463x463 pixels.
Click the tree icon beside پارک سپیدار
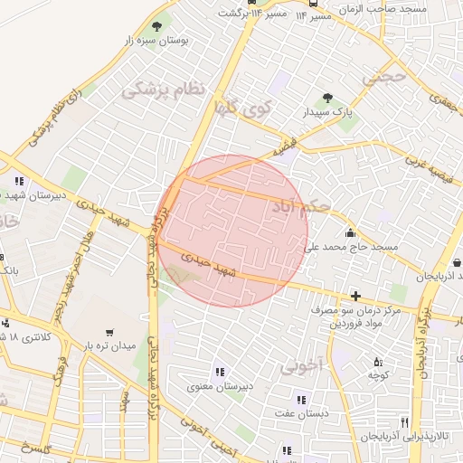click(x=326, y=99)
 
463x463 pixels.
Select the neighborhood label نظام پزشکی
click(x=164, y=90)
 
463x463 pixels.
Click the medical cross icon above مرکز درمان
click(x=354, y=296)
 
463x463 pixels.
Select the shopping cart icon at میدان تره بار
click(x=110, y=332)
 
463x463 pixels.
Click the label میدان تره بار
click(x=110, y=346)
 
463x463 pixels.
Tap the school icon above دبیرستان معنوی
click(x=218, y=371)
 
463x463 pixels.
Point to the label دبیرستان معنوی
click(x=218, y=386)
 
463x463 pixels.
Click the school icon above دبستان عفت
click(x=300, y=400)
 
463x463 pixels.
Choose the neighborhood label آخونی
click(x=301, y=366)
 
